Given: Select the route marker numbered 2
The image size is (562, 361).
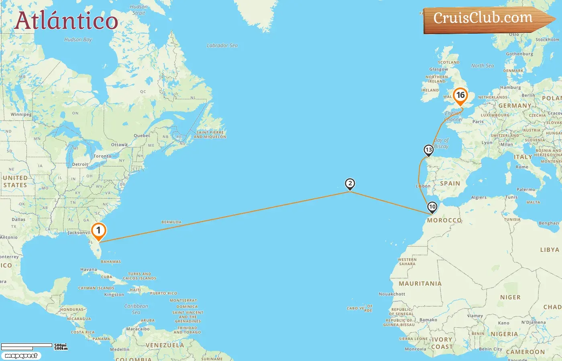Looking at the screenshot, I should point(350,184).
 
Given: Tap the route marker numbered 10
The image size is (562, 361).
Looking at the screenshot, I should point(432,207).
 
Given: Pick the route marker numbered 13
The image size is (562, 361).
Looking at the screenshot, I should point(429,150).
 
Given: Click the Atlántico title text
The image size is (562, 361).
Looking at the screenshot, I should point(66,21).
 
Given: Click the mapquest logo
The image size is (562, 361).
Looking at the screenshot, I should point(21,356).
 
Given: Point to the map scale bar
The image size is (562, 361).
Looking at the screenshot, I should point(27,346).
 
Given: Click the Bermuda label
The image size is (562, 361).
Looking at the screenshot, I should point(171,222).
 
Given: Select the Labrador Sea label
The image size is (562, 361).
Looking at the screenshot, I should point(222,46).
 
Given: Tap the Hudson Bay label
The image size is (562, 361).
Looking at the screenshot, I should point(78,40).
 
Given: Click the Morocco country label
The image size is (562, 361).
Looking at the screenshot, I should point(444,220).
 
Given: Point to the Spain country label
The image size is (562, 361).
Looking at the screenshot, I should point(450,183).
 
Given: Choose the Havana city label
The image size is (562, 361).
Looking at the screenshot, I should point(89,270).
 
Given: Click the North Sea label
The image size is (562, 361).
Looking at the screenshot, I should point(483,66).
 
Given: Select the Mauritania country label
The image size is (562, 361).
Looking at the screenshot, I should point(420,284).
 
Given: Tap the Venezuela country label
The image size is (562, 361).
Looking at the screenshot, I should point(165,345).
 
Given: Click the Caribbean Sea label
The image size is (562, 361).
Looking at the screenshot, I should point(136,309).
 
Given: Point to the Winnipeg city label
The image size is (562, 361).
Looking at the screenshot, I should point(21,115).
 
